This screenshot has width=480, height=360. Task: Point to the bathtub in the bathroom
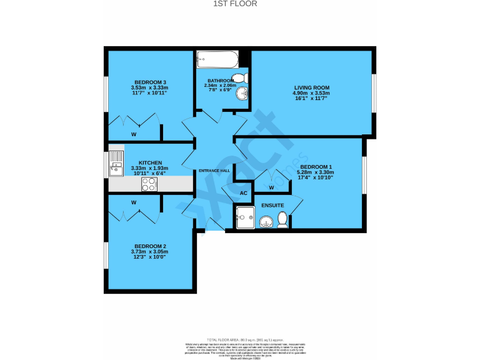point(216,59)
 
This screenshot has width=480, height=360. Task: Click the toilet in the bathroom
point(244,77)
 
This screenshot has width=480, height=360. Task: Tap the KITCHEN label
point(150,162)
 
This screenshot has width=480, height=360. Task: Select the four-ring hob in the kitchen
point(149,184)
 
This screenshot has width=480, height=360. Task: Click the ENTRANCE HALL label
point(214,171)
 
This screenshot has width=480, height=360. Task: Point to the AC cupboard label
point(244,193)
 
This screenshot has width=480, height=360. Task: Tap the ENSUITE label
point(272,205)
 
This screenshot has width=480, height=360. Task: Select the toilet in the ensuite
point(282,219)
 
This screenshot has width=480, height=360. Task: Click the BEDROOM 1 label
point(316,167)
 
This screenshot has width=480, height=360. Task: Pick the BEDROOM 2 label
point(149,246)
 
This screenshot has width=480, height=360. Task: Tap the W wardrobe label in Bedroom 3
point(134,134)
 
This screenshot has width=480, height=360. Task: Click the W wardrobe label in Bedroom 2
point(134,202)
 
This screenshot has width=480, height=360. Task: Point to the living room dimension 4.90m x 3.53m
point(311,93)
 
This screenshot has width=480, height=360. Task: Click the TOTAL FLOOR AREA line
point(239,337)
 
